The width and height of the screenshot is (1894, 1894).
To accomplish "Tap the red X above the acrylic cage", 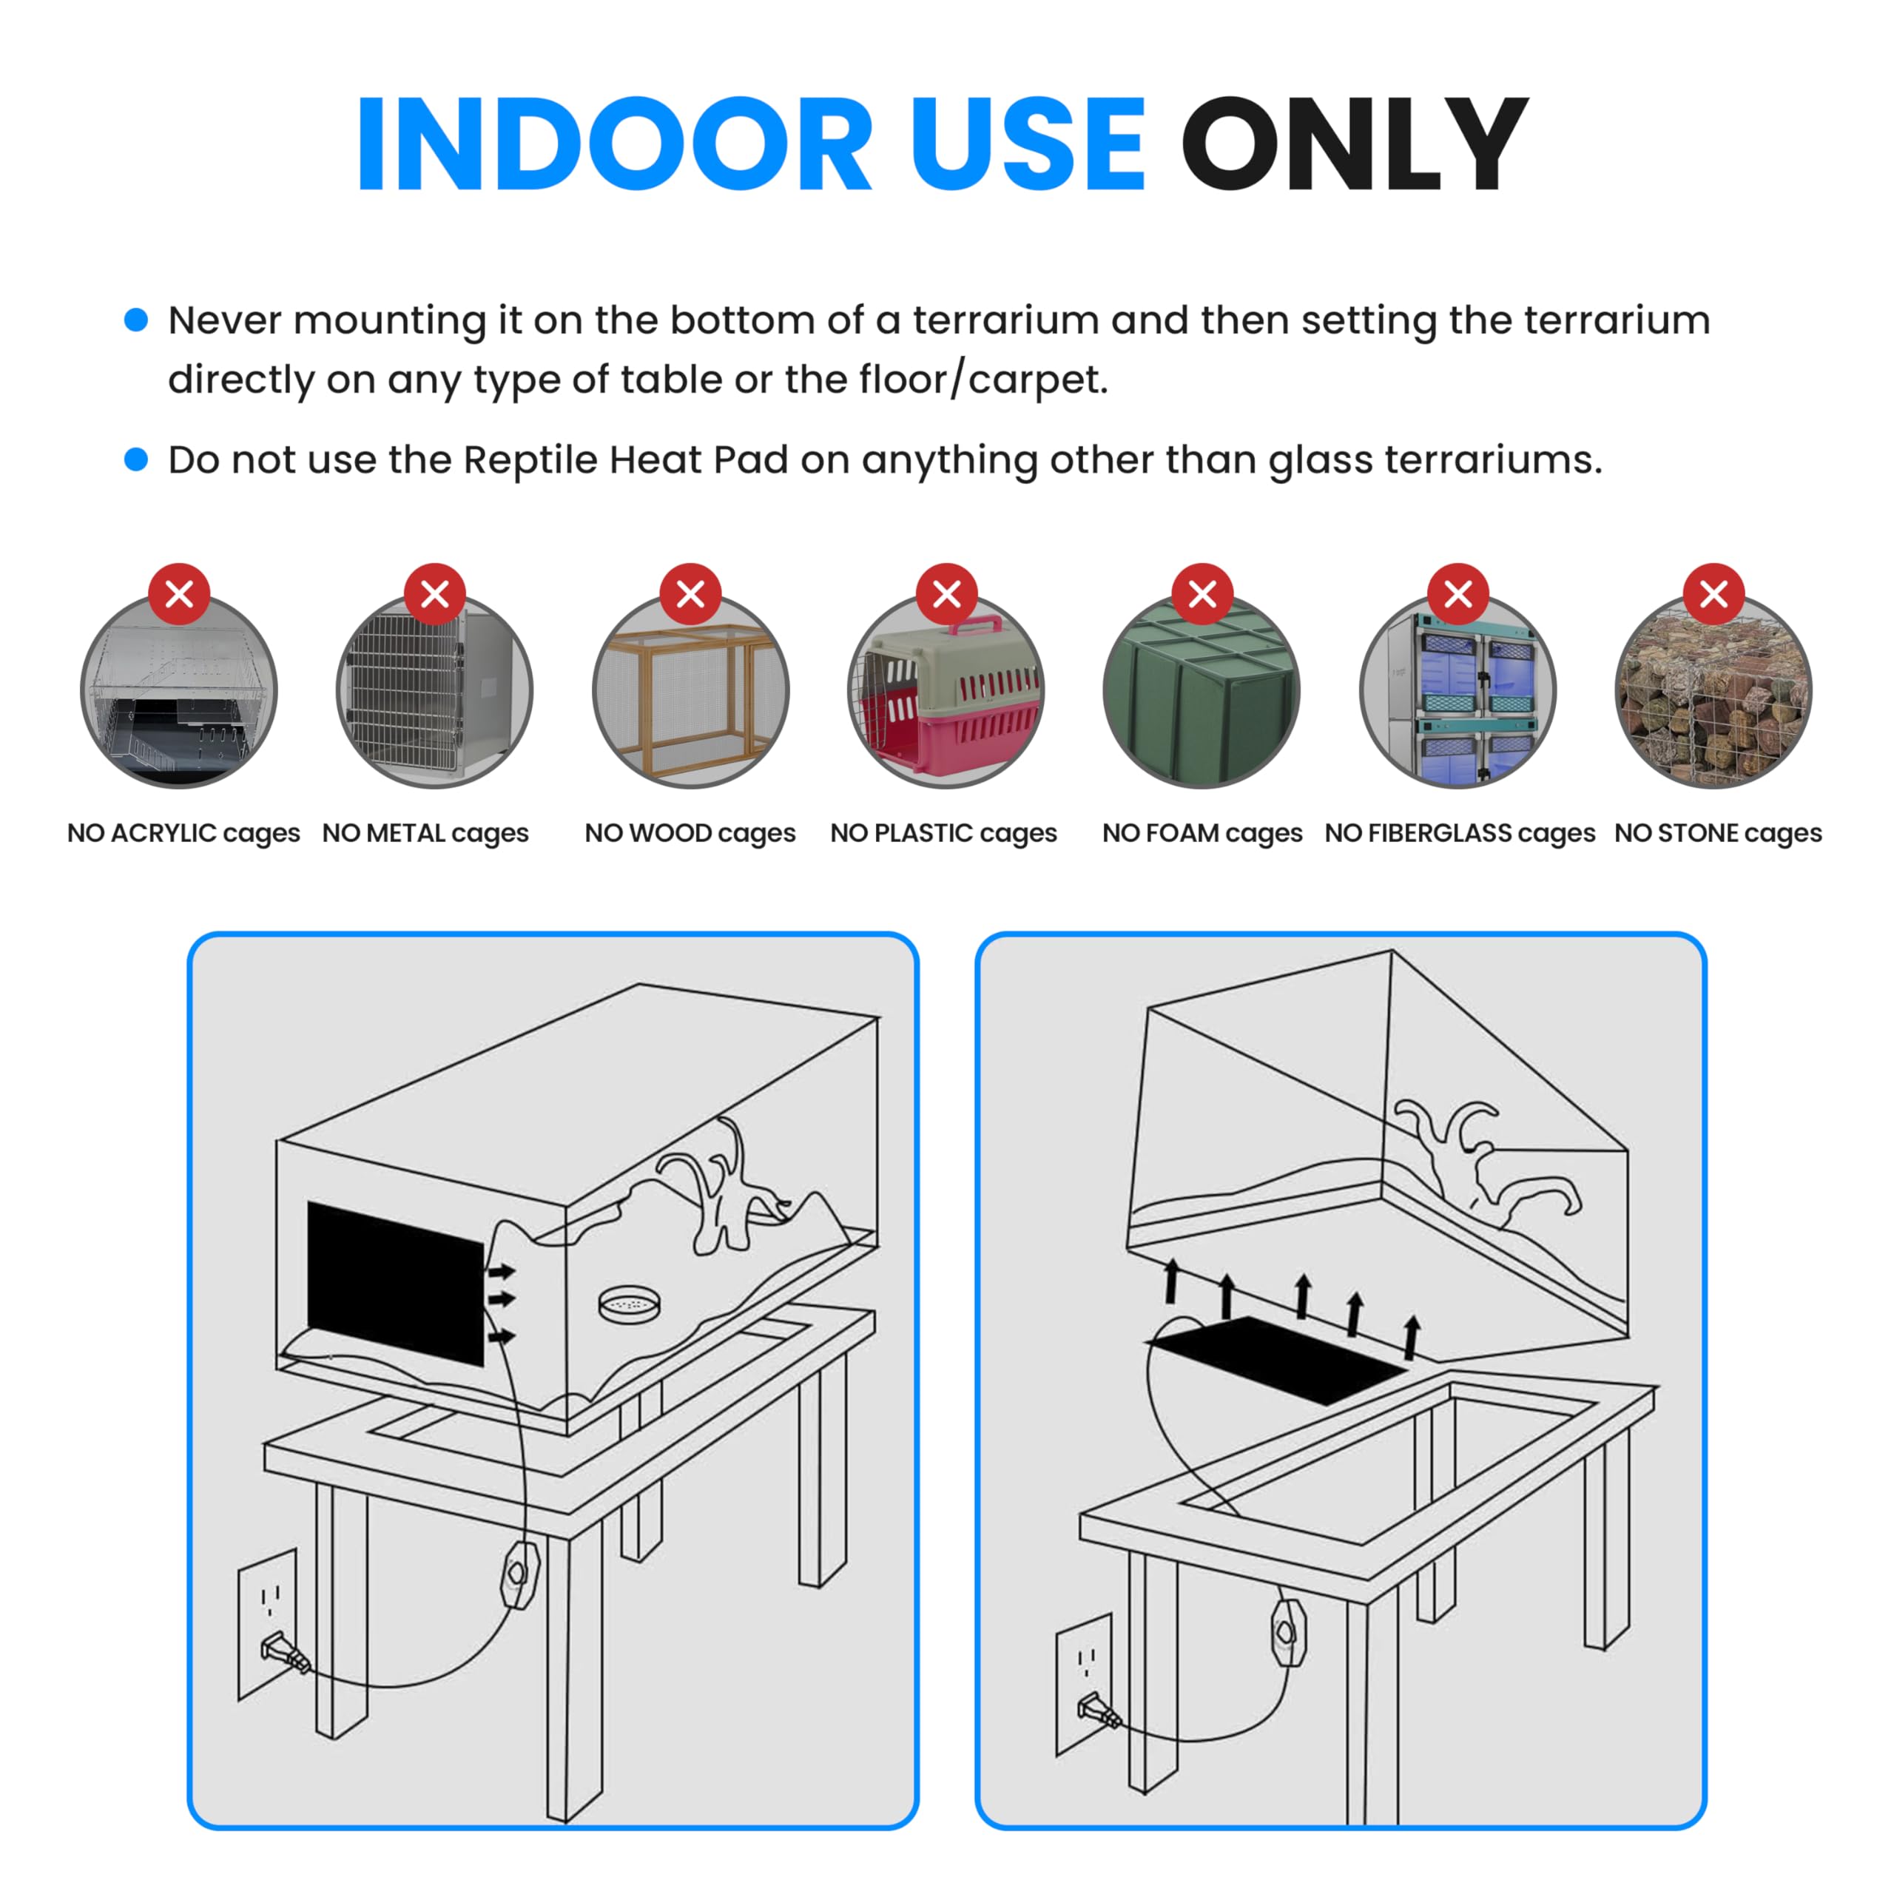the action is [179, 593].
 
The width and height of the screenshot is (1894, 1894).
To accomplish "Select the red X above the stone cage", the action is [1713, 593].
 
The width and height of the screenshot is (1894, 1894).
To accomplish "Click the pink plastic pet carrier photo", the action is [946, 692].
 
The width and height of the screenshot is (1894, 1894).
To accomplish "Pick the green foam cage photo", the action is [1202, 692].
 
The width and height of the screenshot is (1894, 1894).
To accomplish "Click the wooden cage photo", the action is [691, 692].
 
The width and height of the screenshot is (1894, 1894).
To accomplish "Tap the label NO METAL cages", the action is [425, 833].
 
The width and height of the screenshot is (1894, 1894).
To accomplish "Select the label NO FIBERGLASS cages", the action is [1460, 833].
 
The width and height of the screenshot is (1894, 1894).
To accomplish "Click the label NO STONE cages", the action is [1717, 833].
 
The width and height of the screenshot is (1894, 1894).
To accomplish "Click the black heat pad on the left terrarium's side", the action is [396, 1283].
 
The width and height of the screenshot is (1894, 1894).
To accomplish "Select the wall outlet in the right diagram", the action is [1085, 1683].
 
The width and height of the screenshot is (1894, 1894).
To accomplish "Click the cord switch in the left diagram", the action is [519, 1575].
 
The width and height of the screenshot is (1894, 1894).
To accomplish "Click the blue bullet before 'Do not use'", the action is [136, 459].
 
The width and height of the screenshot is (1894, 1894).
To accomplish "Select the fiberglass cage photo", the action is [1457, 692].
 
